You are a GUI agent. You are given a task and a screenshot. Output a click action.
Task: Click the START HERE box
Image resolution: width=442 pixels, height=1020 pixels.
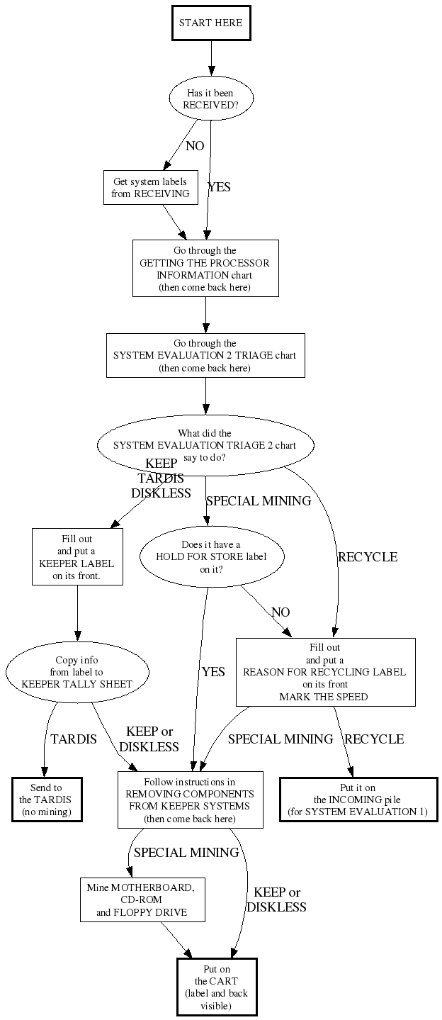[x=210, y=23]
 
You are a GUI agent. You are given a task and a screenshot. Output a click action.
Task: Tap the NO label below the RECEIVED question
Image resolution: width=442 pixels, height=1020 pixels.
[x=195, y=146]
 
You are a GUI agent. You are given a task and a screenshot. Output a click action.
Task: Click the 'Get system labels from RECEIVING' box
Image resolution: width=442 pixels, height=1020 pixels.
[x=150, y=188]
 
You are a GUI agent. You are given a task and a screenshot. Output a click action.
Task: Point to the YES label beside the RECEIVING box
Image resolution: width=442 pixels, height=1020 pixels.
[x=219, y=188]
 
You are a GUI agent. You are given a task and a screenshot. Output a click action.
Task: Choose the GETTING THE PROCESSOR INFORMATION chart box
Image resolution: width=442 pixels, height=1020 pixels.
[x=205, y=268]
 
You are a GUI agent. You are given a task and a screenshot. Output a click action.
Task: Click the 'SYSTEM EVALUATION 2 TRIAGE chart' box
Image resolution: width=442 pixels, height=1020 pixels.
[x=205, y=355]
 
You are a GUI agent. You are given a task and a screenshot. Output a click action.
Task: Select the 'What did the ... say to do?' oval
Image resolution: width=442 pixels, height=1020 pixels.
[x=205, y=445]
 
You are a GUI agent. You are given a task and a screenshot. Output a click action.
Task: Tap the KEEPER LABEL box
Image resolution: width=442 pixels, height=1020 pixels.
[x=77, y=556]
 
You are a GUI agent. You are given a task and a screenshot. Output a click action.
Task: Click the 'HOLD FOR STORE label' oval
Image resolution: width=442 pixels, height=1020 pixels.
[x=211, y=556]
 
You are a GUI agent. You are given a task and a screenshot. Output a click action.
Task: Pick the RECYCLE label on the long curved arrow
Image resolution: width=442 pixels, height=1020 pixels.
[x=368, y=557]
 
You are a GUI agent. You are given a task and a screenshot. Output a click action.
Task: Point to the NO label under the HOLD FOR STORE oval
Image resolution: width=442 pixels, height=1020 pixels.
[x=280, y=612]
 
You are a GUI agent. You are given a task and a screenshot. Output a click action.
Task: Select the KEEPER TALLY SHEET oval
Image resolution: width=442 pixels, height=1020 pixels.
[x=77, y=672]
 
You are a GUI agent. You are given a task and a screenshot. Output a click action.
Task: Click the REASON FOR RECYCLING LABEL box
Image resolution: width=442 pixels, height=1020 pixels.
[x=325, y=672]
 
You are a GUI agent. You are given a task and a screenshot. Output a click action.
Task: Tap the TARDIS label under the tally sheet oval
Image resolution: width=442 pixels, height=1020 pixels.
[x=74, y=739]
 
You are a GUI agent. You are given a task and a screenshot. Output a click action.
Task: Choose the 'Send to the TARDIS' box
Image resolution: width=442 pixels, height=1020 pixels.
[x=47, y=800]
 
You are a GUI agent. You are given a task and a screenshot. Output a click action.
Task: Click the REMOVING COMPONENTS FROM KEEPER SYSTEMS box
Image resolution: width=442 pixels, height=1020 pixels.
[x=190, y=800]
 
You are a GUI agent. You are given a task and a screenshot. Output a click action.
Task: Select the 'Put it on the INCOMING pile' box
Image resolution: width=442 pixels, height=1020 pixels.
[x=358, y=800]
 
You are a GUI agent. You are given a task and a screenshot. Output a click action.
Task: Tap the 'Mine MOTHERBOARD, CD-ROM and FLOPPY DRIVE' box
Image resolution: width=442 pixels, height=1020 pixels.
[x=142, y=899]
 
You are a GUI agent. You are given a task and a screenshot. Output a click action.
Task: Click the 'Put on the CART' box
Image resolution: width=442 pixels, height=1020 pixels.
[x=217, y=987]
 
